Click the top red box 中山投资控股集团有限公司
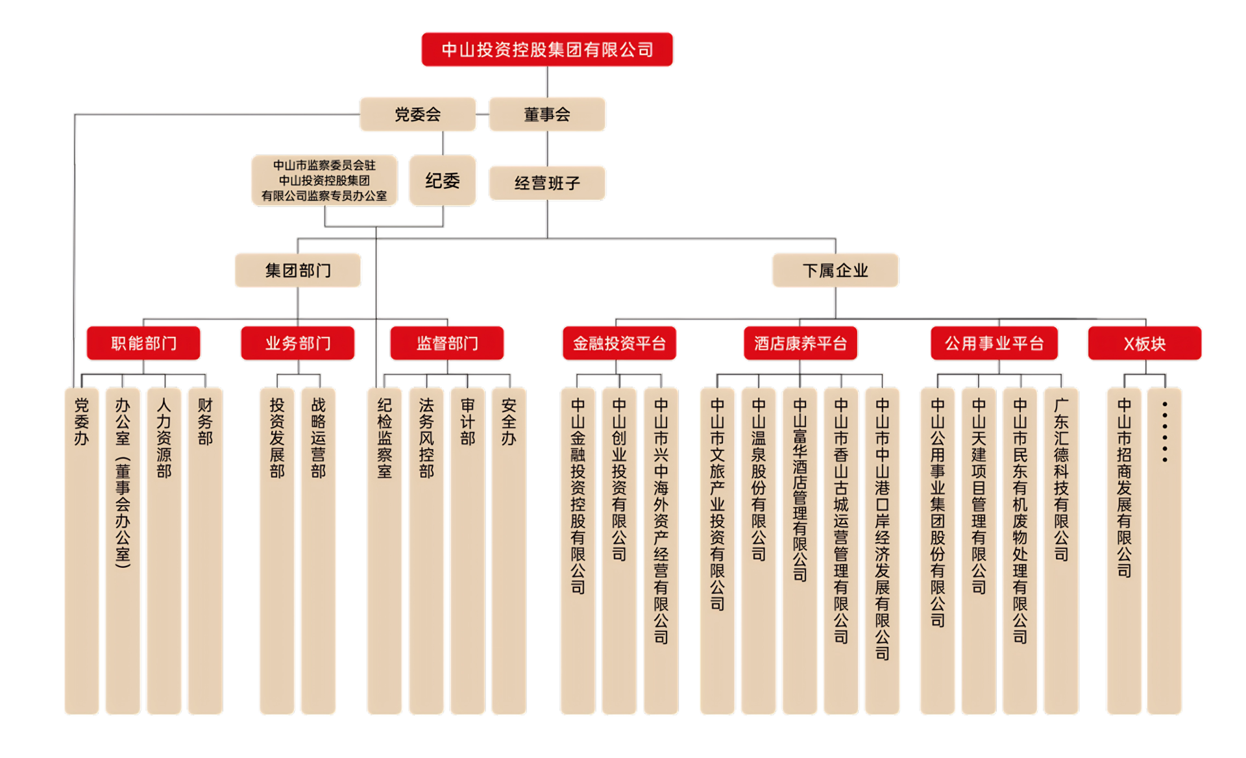tap(546, 49)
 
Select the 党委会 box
tap(418, 114)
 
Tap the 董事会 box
tap(546, 114)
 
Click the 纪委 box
tap(443, 180)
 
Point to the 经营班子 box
tap(546, 183)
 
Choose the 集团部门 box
tap(298, 270)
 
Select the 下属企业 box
tap(835, 270)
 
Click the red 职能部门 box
tap(143, 343)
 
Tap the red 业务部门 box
tap(298, 343)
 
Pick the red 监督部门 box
tap(447, 343)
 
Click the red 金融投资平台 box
tap(619, 343)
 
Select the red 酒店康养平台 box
tap(800, 343)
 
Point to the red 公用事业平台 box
tap(994, 343)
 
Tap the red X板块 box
tap(1144, 343)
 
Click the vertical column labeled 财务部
tap(205, 552)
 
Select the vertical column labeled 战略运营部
tap(318, 552)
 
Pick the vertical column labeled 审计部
tap(467, 552)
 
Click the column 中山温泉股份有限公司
tap(759, 552)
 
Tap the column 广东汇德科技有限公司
tap(1061, 552)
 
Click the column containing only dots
tap(1164, 552)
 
